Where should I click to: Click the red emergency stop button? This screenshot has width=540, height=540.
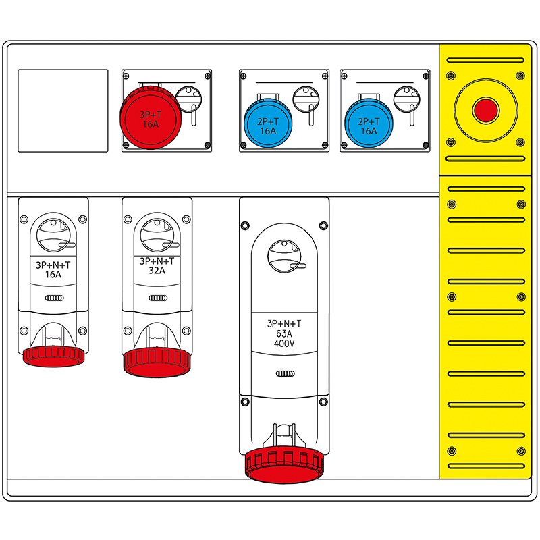(485, 110)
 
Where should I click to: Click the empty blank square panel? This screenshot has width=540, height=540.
(62, 110)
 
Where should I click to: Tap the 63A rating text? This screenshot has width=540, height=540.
(284, 333)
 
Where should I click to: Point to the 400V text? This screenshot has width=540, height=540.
(284, 343)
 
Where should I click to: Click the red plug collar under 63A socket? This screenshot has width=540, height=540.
(284, 465)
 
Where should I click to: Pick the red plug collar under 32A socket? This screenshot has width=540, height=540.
(157, 362)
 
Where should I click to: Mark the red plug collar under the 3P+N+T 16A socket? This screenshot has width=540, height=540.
(53, 356)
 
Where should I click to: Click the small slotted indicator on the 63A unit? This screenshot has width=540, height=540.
(284, 373)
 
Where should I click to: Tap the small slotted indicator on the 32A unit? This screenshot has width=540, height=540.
(157, 298)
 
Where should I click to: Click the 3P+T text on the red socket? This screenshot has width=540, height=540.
(149, 115)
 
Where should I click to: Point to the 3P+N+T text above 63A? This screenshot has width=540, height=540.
(284, 324)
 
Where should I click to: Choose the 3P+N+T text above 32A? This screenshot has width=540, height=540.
(157, 261)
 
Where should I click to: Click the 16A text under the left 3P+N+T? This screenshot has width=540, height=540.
(53, 275)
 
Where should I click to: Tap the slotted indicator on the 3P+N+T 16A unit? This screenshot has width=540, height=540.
(53, 298)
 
